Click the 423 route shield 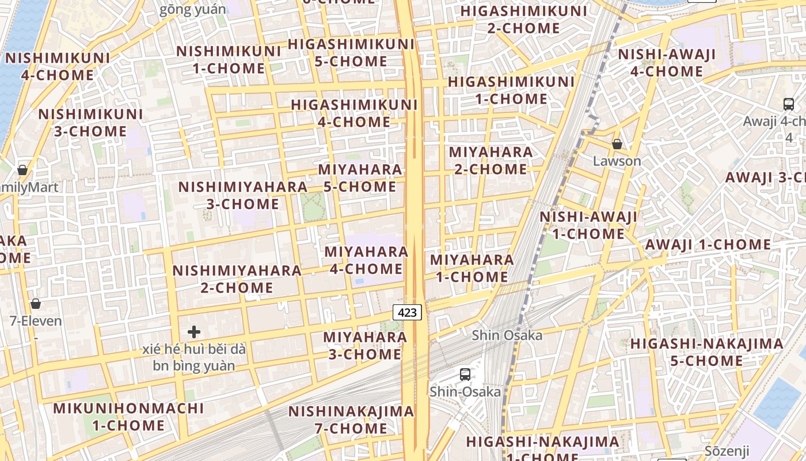(x=407, y=312)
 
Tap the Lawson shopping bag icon (x=617, y=144)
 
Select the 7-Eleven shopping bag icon (x=36, y=304)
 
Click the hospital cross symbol (x=194, y=332)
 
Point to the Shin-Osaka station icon (x=465, y=375)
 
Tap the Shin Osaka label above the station (x=507, y=335)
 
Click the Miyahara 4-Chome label (x=366, y=260)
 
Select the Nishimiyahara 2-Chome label (x=237, y=279)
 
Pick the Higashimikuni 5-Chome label (x=351, y=52)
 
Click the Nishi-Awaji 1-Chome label (x=588, y=225)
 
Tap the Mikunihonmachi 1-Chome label (x=128, y=417)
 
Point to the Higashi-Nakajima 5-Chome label (x=706, y=352)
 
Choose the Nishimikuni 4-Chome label (x=58, y=66)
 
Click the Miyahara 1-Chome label (x=472, y=268)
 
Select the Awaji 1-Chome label (x=708, y=244)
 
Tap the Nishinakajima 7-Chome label (x=351, y=420)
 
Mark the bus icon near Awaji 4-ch (x=788, y=104)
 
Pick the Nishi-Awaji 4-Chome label (x=667, y=63)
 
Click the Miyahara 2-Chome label (x=491, y=160)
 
